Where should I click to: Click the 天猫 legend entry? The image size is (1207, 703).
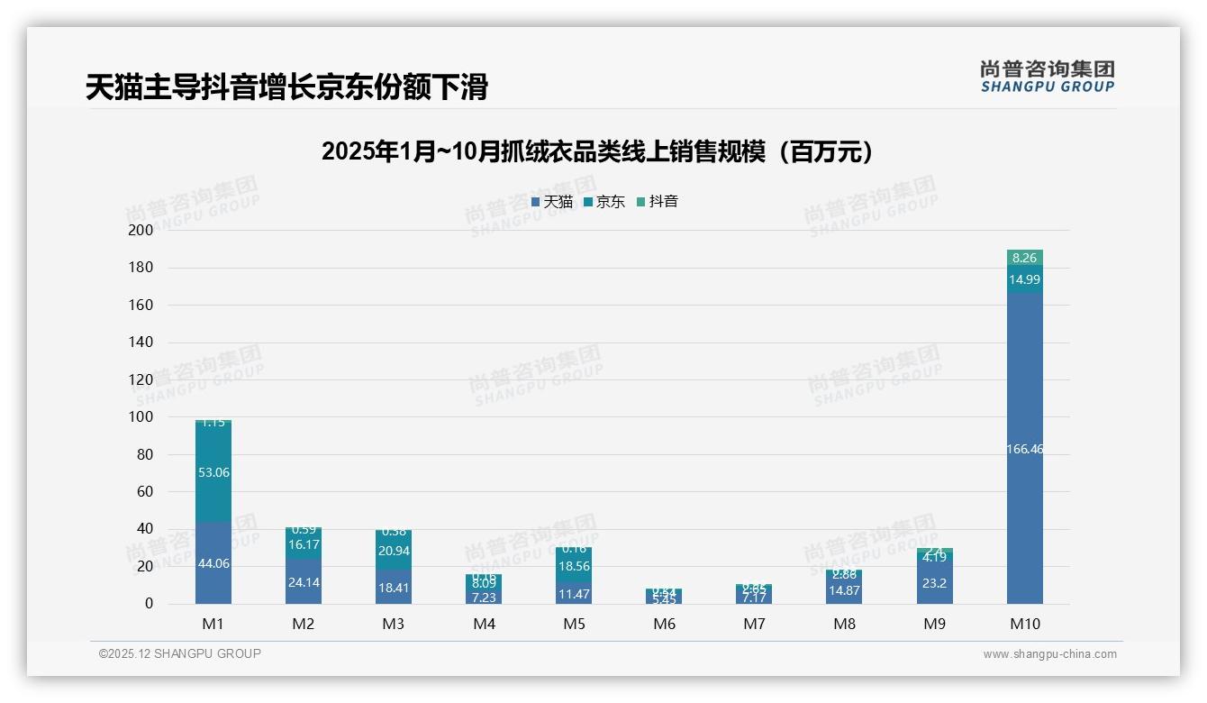552,202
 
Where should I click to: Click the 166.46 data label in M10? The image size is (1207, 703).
1025,449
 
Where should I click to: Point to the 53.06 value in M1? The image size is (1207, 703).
213,472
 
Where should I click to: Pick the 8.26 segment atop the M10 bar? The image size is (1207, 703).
1025,258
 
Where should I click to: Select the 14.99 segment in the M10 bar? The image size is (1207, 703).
1025,280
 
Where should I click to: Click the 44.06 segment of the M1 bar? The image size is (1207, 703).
213,563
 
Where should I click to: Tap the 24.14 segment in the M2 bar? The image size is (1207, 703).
304,582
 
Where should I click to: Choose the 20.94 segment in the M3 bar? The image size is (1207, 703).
394,551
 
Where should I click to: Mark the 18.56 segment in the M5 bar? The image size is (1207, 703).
574,566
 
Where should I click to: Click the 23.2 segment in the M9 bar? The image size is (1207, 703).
935,583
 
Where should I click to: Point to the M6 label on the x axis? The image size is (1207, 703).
664,624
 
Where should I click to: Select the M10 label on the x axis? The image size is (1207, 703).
1025,624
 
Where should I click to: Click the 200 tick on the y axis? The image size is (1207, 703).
141,230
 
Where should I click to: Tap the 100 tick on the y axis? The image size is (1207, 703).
141,417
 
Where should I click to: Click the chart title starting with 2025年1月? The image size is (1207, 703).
597,151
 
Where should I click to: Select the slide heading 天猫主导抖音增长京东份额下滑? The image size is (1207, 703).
286,87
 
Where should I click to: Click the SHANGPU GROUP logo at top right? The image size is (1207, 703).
1047,77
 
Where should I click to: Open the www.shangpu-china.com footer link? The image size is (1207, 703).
1049,654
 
